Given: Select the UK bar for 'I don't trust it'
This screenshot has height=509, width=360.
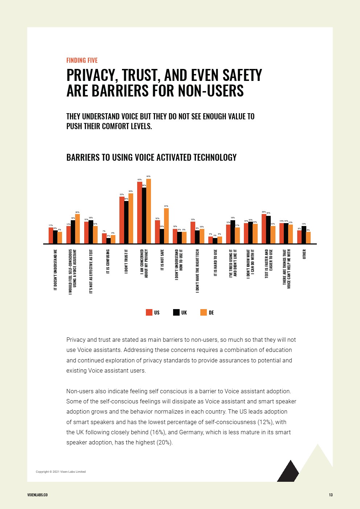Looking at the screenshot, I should (126, 222).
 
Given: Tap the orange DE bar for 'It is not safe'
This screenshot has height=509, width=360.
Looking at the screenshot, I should (166, 226).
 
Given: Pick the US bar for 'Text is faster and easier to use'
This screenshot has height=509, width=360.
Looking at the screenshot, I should (264, 229).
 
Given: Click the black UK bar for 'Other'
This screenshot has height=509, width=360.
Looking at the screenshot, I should (304, 235).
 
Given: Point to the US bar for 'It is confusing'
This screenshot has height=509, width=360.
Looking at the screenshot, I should (104, 238).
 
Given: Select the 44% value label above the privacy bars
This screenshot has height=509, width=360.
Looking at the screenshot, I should (148, 176).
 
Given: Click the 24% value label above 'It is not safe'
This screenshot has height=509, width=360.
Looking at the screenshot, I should (166, 206).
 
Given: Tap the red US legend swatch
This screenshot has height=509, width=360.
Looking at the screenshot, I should (149, 312).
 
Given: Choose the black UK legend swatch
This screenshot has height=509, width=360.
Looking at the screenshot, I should (176, 312).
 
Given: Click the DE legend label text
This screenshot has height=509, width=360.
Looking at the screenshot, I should (211, 313).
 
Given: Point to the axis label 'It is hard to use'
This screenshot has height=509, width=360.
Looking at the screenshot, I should (215, 263).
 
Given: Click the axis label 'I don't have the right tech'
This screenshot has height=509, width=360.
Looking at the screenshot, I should (197, 271).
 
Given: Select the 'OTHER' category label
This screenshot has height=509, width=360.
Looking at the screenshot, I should (304, 254).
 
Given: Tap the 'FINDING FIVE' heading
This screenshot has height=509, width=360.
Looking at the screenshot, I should (82, 60).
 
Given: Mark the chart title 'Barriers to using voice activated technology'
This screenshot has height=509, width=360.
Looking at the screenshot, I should (151, 157).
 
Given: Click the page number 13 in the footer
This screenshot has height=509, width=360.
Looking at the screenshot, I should (331, 495).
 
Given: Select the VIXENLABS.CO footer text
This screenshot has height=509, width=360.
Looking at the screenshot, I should (37, 495).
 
